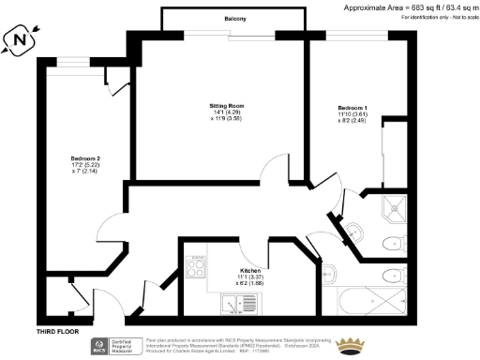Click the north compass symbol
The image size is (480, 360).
coord(21,40)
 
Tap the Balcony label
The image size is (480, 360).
coord(235,19)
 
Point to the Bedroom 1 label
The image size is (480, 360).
coord(352,108)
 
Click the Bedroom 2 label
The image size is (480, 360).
coord(85,157)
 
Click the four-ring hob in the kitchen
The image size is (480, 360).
coord(197,268)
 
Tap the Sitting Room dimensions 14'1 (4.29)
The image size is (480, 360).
coord(226,114)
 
